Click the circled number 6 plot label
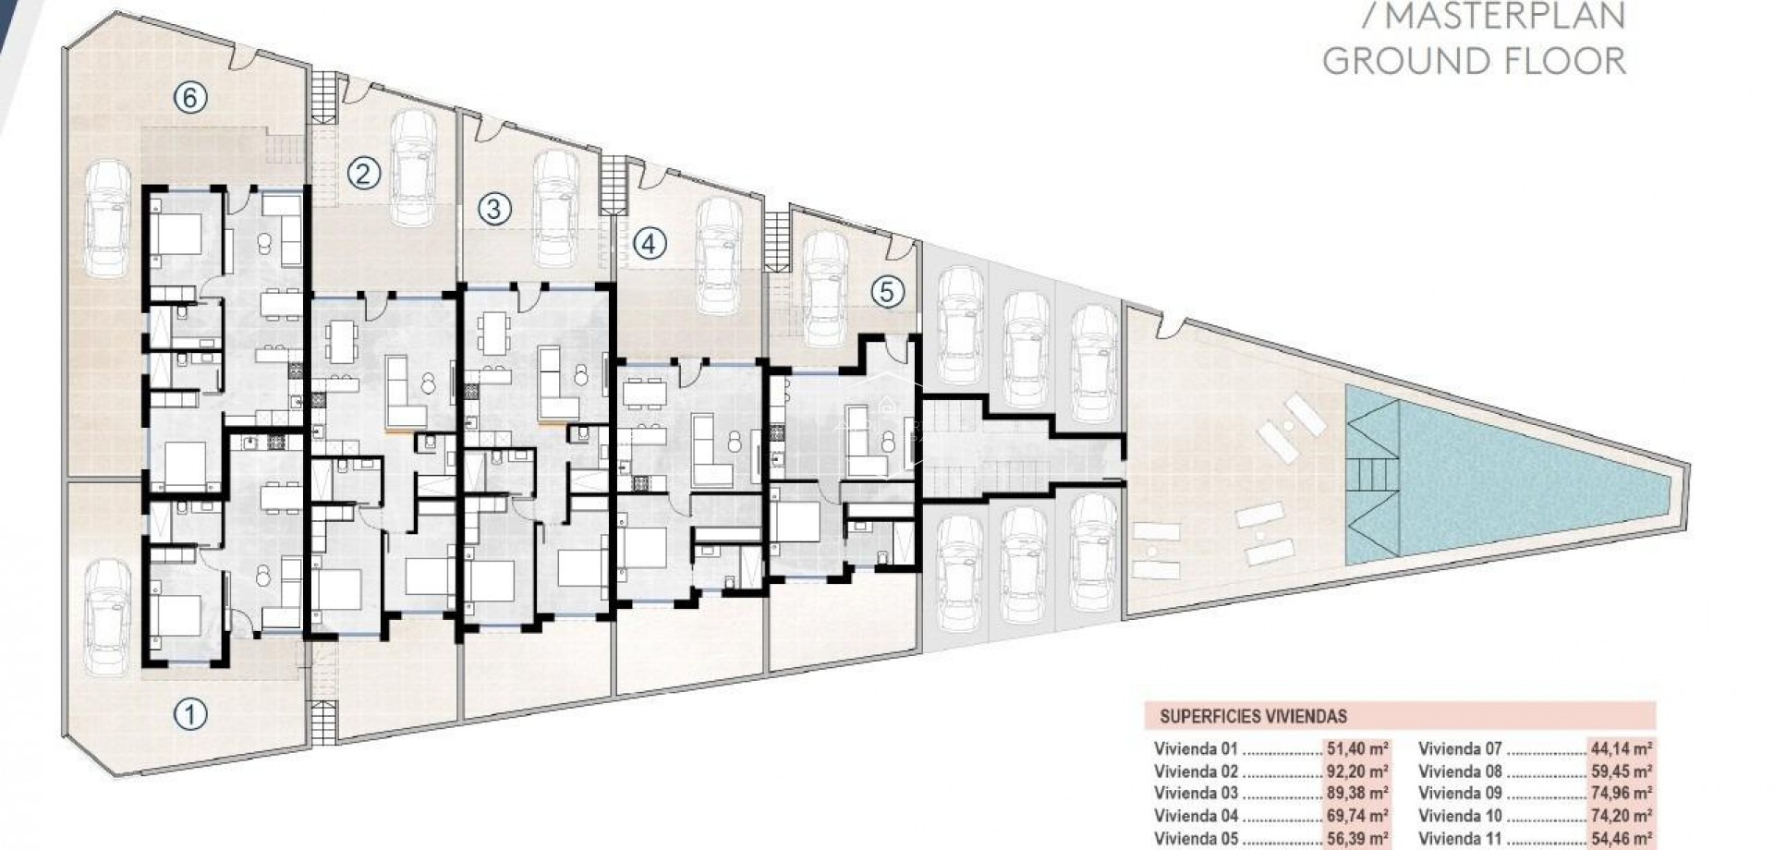[189, 97]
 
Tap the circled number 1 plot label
[189, 713]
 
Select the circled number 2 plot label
[363, 173]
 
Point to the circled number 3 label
[493, 209]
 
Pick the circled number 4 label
[650, 244]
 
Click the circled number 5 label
[887, 292]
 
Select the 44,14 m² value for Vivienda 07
[1622, 749]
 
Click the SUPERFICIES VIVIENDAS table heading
[1253, 716]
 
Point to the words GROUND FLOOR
[1474, 61]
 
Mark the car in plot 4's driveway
[718, 256]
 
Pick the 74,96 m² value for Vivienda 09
[1622, 793]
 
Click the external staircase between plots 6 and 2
[323, 96]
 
